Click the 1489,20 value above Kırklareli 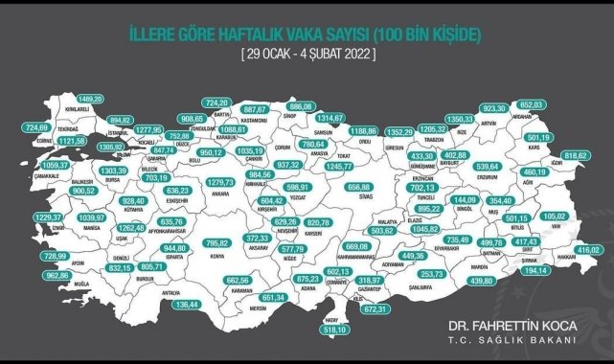tap(90, 99)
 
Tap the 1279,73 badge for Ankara tap(220, 182)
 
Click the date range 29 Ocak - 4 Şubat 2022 tap(307, 54)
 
